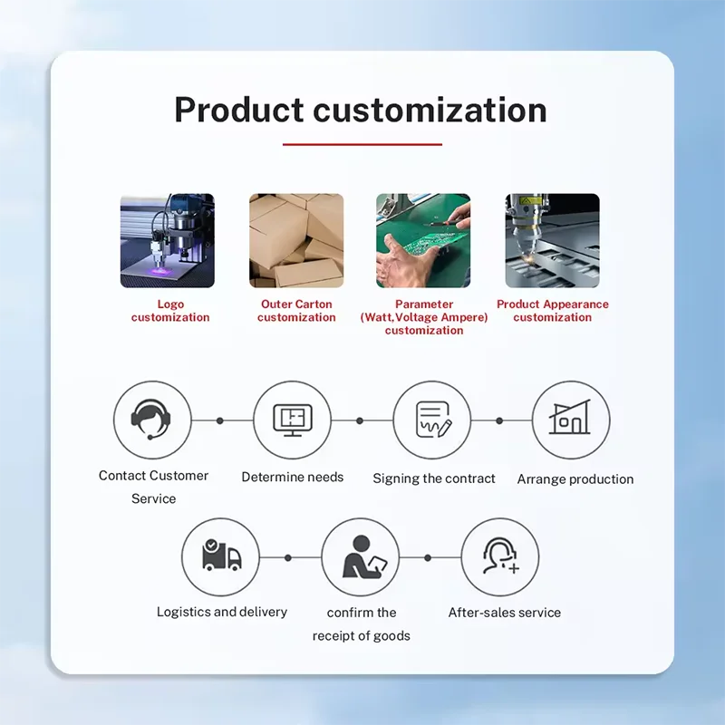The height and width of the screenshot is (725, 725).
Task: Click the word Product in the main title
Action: [238, 110]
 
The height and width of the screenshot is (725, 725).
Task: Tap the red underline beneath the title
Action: [362, 144]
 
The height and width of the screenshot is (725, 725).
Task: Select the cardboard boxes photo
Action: [296, 240]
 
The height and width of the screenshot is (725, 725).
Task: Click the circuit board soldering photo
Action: [423, 240]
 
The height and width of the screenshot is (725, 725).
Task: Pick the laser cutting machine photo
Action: [552, 240]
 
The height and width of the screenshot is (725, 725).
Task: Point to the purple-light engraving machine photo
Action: [168, 240]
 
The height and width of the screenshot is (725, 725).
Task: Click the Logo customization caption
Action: [170, 311]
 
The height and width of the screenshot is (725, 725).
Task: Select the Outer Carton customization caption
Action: [296, 311]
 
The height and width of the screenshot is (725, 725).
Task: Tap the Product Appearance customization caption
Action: [553, 311]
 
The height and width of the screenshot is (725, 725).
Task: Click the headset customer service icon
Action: [150, 419]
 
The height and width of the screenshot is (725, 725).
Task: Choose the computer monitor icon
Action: [293, 420]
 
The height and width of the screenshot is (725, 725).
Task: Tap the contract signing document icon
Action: [433, 420]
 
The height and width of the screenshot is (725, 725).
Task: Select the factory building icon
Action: [570, 417]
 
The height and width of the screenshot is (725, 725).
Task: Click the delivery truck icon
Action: [221, 555]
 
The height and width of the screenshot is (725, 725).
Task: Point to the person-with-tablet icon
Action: [364, 557]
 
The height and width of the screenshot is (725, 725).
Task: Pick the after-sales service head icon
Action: [501, 556]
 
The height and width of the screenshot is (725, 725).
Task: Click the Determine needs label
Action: [293, 478]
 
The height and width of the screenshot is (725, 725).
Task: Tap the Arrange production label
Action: [575, 479]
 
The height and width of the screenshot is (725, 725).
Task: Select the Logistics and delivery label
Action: [222, 612]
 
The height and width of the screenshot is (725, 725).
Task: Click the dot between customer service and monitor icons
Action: [220, 420]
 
